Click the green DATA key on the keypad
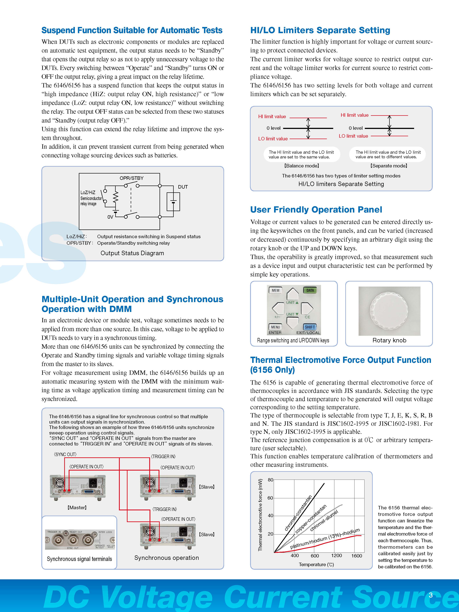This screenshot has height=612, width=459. pyautogui.click(x=310, y=290)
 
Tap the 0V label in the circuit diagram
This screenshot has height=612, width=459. pyautogui.click(x=110, y=217)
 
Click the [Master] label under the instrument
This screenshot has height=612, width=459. pyautogui.click(x=77, y=507)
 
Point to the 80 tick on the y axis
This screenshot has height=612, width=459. pyautogui.click(x=270, y=480)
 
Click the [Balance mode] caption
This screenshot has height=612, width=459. pyautogui.click(x=302, y=166)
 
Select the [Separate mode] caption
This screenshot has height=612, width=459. pyautogui.click(x=388, y=166)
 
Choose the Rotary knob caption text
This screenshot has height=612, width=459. pyautogui.click(x=389, y=340)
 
